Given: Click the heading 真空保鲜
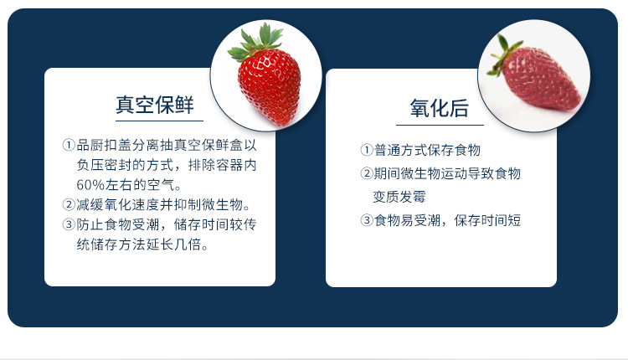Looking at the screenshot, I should coord(155,105).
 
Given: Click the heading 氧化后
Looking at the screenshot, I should coord(439,109).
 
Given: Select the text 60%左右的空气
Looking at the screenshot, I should coord(128,184).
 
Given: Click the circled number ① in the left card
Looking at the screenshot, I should coord(69,144).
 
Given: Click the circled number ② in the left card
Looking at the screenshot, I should coord(69,204).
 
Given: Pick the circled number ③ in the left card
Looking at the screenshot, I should coord(69,224).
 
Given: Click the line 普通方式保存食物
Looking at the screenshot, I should coord(427,151).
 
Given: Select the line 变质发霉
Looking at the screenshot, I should coord(400,198).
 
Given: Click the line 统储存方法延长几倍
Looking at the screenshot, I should coord(142,245).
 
